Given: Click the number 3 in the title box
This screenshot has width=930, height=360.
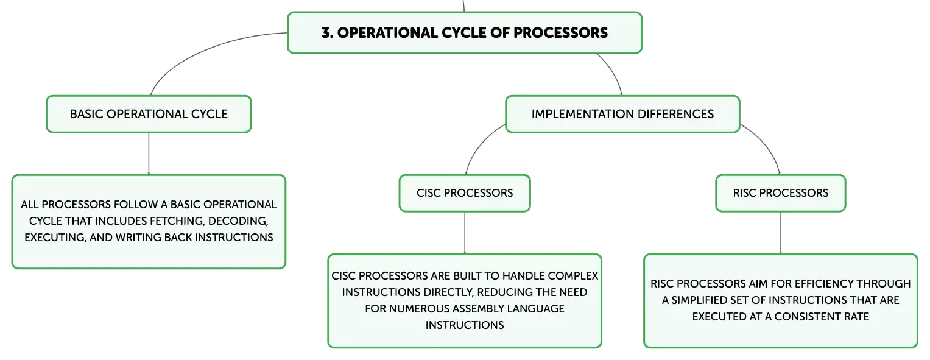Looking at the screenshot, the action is click(x=326, y=33).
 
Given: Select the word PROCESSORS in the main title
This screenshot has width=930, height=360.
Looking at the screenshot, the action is click(x=560, y=33).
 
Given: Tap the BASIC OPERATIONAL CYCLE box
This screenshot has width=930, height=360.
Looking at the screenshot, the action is click(x=149, y=114).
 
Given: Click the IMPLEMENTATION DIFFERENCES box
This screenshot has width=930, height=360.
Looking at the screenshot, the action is click(x=622, y=114).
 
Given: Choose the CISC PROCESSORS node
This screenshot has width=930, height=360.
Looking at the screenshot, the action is click(x=465, y=193).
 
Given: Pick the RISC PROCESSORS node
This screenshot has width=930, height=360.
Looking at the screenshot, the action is click(x=781, y=193).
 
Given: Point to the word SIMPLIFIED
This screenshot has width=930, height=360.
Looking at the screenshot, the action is click(x=703, y=300).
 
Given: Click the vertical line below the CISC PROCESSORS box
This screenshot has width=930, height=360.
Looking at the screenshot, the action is click(x=465, y=233).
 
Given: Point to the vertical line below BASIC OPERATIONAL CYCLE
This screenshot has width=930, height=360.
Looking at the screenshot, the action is click(x=149, y=154).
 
